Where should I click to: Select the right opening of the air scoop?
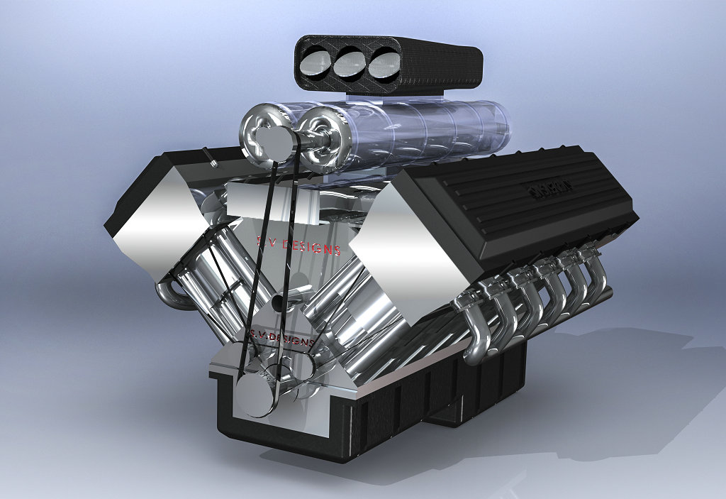[x=384, y=63]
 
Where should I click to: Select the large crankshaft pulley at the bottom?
[x=256, y=394]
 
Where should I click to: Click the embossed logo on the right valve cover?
[x=551, y=187]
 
